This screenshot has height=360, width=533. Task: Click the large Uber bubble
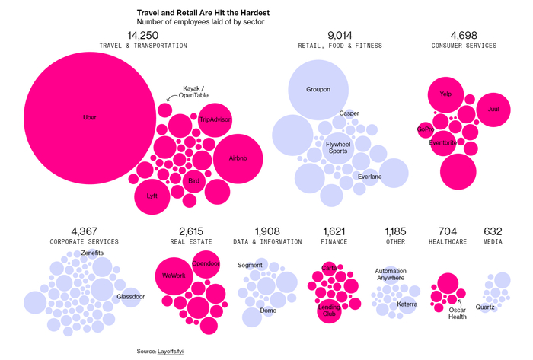(90, 118)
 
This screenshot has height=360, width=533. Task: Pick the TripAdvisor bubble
(215, 119)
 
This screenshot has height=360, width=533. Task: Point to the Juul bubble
(493, 108)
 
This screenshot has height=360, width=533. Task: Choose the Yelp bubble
(446, 94)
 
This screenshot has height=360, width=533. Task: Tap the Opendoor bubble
(206, 264)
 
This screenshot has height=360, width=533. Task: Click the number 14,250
(143, 35)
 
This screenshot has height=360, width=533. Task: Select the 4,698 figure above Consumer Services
(464, 35)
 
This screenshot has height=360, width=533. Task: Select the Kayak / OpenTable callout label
(194, 92)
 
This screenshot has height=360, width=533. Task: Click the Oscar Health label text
(457, 314)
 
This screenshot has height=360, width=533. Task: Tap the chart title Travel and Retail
(203, 13)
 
